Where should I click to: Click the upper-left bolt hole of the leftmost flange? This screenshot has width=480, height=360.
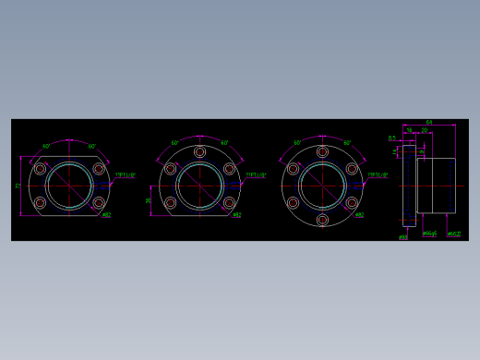pos(41,169)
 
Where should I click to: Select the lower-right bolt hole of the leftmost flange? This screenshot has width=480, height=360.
pos(99,202)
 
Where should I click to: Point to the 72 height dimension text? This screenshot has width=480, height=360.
pos(18,186)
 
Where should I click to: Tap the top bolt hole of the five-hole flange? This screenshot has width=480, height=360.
pos(199,152)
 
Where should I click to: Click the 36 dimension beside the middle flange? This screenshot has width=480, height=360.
pos(149,199)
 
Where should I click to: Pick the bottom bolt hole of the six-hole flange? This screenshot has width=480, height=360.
pos(322,220)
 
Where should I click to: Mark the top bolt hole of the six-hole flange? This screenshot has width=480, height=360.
pos(322,152)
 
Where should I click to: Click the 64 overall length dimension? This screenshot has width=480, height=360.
pos(429,123)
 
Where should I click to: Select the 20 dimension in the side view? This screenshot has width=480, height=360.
pos(425,130)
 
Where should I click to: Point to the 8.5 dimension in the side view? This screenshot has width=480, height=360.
pos(392,138)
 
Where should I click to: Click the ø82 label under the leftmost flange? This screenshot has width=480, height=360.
pos(106,215)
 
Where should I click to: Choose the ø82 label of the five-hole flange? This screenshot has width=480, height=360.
pos(237,215)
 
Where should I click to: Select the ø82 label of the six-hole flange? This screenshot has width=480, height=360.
pos(359,215)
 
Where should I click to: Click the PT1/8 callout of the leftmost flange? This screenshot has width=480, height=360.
pos(126,174)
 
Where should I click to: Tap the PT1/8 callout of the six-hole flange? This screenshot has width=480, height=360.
pos(378,174)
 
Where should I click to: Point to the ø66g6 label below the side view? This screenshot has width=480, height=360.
pos(429,234)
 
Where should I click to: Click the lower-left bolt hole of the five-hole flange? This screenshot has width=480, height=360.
pos(170,202)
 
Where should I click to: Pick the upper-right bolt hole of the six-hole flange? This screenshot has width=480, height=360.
pos(352,169)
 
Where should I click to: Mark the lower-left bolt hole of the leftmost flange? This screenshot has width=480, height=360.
pos(41,202)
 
